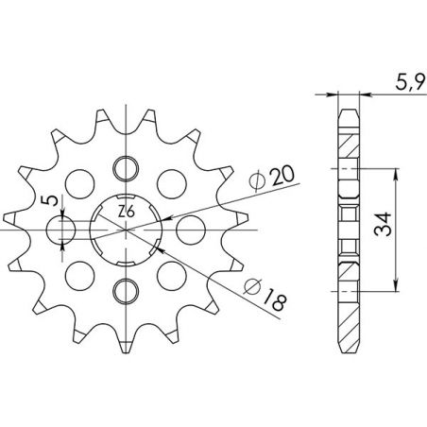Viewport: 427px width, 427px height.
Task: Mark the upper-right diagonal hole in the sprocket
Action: point(168,179)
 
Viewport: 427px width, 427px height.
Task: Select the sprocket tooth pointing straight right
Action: point(236,228)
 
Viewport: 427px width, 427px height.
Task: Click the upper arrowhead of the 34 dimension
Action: point(395,176)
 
